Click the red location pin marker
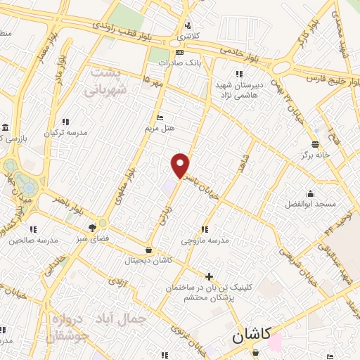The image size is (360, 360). click(181, 166)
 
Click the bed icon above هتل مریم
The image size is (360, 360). click(160, 117)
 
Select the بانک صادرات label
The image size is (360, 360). click(176, 63)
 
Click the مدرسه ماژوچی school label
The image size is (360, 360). click(205, 240)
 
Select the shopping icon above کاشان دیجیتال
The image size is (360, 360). click(148, 250)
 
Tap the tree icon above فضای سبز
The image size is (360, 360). click(92, 227)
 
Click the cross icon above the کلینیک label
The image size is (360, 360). click(208, 276)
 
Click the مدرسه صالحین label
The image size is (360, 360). click(32, 240)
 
